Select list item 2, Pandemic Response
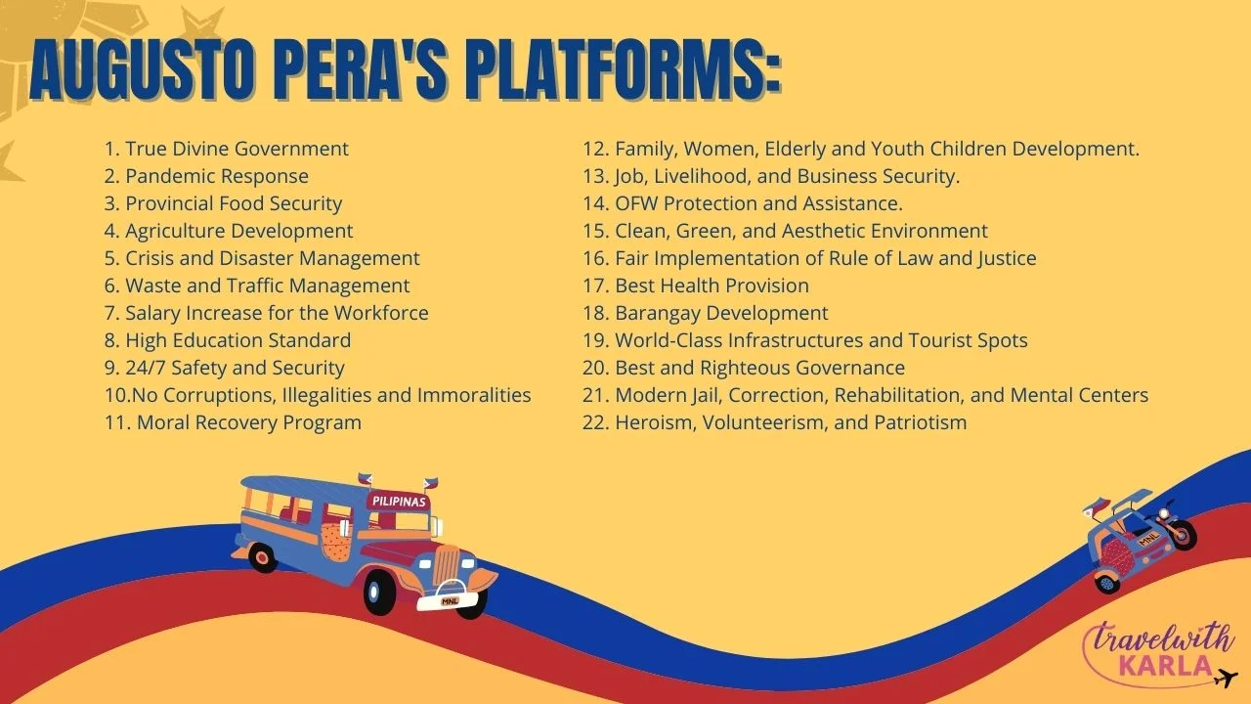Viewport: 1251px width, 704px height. point(206,176)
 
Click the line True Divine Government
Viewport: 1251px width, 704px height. point(226,149)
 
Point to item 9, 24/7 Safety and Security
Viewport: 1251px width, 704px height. point(224,368)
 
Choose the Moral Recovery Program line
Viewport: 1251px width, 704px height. point(233,422)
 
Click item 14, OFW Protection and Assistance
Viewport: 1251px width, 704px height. point(742,203)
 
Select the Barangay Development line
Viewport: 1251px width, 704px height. point(705,313)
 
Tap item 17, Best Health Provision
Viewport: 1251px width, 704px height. point(695,286)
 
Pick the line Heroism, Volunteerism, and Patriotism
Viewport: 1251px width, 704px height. point(774,422)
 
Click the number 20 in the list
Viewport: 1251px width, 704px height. point(595,368)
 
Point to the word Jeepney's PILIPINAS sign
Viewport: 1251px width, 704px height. point(399,502)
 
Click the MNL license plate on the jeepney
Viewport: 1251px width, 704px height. point(450,601)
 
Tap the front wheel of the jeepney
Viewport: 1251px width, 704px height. point(380,593)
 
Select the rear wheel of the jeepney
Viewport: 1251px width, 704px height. point(262,557)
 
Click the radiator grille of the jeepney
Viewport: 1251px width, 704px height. point(446,565)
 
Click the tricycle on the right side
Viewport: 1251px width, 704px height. point(1140,541)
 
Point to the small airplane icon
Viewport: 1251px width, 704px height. point(1226,678)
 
